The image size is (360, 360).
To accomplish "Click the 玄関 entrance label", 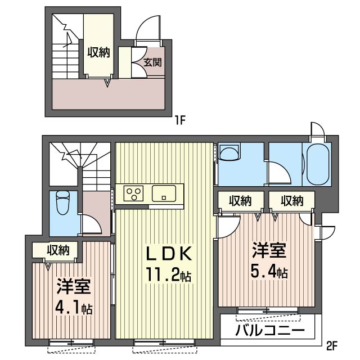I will click(152, 62).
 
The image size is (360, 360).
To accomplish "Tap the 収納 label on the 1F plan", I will click(98, 52).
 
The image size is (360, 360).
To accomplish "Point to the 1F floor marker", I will click(179, 120).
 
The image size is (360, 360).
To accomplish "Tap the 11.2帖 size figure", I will click(168, 276).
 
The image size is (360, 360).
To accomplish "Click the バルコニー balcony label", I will click(269, 330).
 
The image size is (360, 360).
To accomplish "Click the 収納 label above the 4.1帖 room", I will click(58, 250).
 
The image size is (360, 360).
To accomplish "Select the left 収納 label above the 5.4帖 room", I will click(240, 200).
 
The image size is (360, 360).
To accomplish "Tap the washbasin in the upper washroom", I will click(229, 154).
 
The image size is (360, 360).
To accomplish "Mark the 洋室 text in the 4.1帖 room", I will click(73, 286).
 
